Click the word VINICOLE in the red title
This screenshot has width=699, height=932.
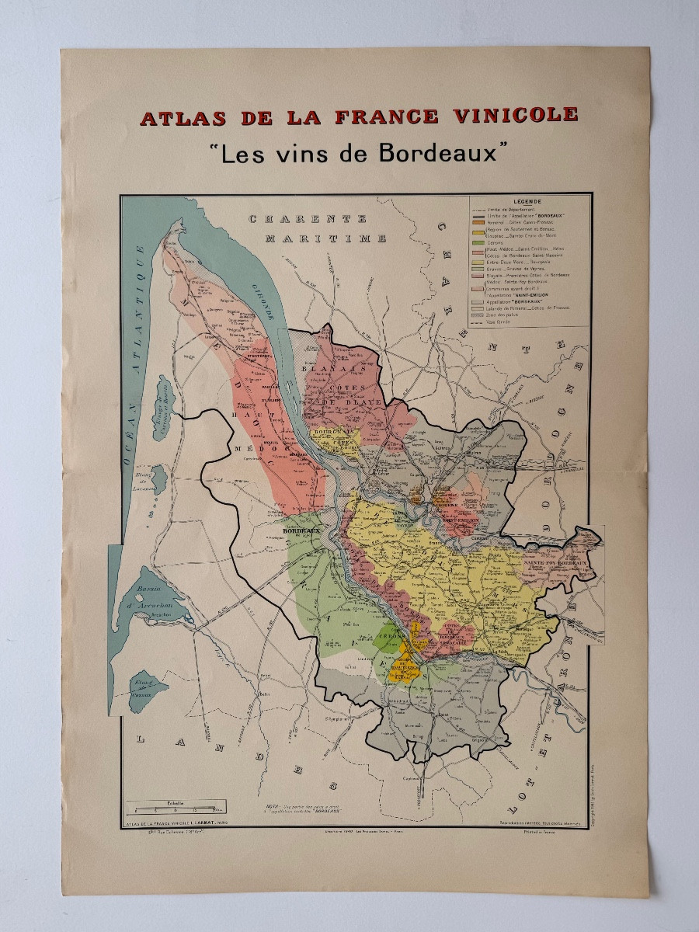pos(509,116)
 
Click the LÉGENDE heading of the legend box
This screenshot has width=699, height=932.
pos(528,200)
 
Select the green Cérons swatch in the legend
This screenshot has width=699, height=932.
pos(477,243)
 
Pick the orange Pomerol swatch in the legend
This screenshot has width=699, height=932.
pos(477,221)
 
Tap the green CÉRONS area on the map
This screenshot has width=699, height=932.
pos(388,637)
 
